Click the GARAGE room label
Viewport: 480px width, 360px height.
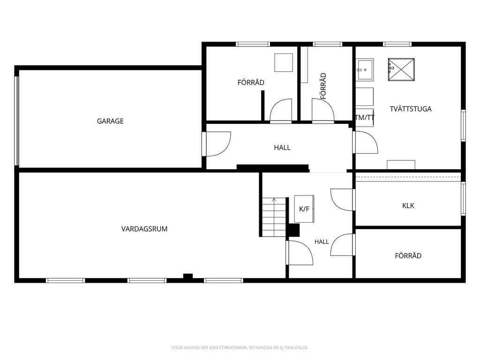(x=110, y=121)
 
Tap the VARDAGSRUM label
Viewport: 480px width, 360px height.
(x=144, y=229)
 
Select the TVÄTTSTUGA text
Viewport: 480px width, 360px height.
(x=411, y=109)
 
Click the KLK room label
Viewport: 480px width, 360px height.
(x=408, y=206)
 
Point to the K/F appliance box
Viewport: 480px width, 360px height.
(x=304, y=209)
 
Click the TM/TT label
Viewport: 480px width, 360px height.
(x=365, y=118)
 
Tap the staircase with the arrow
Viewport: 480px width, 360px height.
(x=274, y=217)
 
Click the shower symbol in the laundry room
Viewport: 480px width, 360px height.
(x=401, y=69)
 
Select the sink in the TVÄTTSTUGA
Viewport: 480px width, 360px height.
(x=365, y=70)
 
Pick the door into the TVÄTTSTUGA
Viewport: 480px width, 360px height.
(x=365, y=142)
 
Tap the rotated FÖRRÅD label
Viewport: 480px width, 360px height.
(x=323, y=86)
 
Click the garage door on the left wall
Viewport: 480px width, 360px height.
(x=17, y=121)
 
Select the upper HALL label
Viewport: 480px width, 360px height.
(x=282, y=148)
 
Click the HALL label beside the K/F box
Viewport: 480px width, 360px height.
(x=322, y=242)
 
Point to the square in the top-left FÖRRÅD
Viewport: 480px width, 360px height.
(x=284, y=63)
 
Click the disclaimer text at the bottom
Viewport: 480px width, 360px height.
(x=240, y=347)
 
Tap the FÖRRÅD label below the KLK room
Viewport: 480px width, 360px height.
(x=408, y=255)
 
